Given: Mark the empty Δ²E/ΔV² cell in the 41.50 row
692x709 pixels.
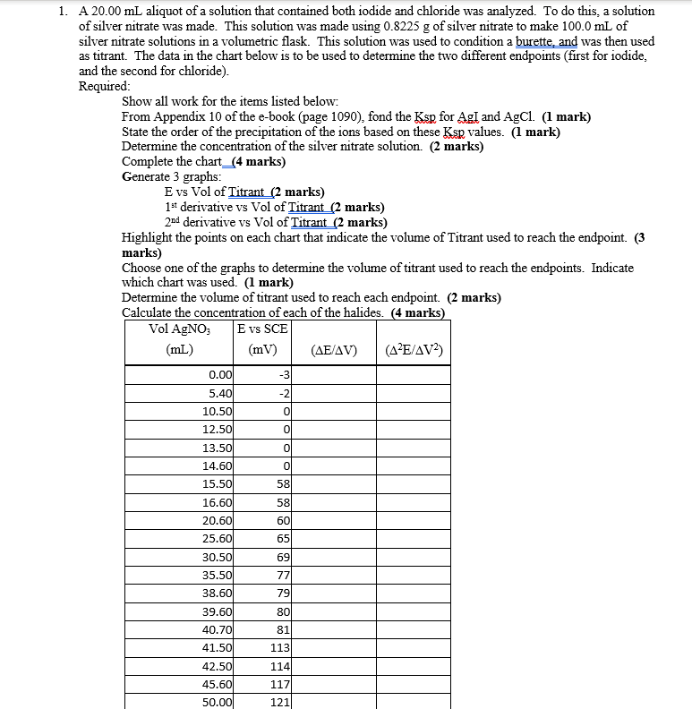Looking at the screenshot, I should (x=413, y=646).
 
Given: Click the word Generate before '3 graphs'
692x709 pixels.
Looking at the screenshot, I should (x=148, y=176).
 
